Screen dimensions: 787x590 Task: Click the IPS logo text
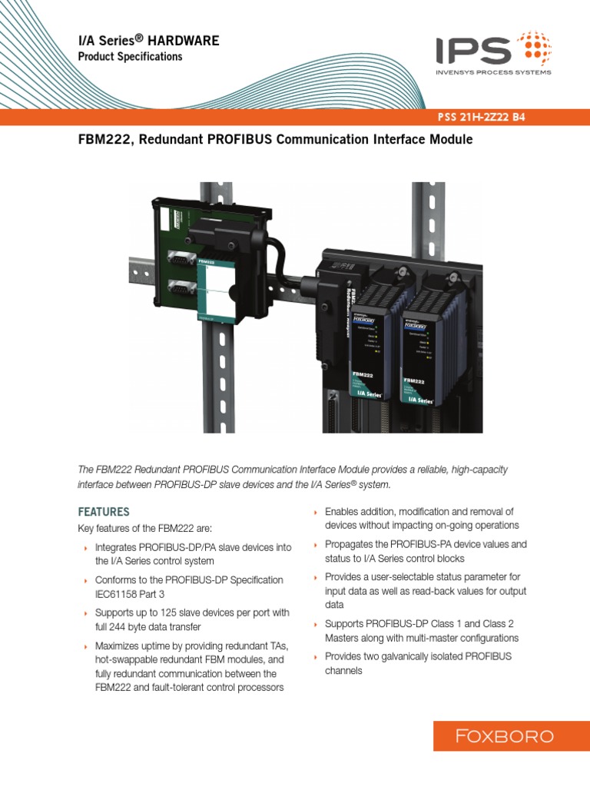(474, 51)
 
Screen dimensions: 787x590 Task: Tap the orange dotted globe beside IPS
(533, 48)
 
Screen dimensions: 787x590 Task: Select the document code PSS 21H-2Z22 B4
(480, 118)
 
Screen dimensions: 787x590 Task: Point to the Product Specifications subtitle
(131, 57)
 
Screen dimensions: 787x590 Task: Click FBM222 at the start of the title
(105, 140)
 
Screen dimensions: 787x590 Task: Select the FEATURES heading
(104, 511)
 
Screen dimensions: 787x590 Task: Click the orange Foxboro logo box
(504, 736)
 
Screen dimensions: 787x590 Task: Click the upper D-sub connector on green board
(181, 262)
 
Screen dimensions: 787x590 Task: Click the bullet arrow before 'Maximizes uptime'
(85, 646)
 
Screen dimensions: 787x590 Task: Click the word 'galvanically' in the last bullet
(412, 656)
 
